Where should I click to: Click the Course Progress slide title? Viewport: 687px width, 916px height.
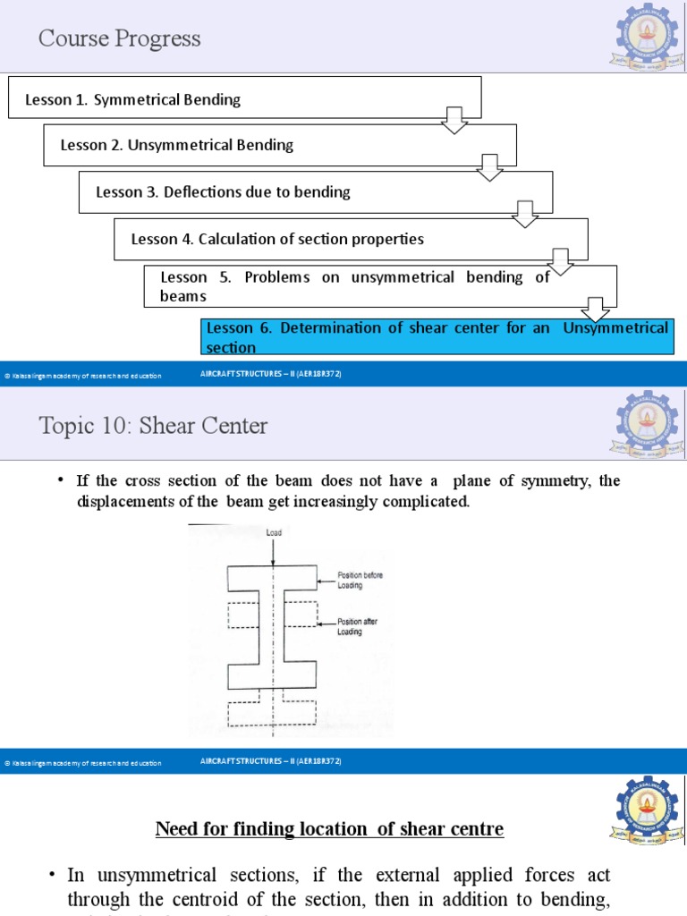(119, 38)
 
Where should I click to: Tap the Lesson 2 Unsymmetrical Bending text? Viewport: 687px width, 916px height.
(176, 145)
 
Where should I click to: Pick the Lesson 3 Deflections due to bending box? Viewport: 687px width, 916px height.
(223, 191)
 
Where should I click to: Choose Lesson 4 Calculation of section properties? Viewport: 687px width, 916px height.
(277, 239)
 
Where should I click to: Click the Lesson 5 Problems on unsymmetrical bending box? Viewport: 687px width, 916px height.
(354, 285)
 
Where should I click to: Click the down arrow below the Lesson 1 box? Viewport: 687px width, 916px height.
(455, 120)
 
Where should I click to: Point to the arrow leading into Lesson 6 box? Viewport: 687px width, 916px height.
(595, 309)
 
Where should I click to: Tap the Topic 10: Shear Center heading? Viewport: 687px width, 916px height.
(153, 425)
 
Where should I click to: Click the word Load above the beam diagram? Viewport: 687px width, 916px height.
(274, 531)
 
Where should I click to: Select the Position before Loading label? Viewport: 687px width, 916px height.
(360, 580)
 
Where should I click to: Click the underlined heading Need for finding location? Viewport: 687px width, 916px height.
(329, 829)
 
